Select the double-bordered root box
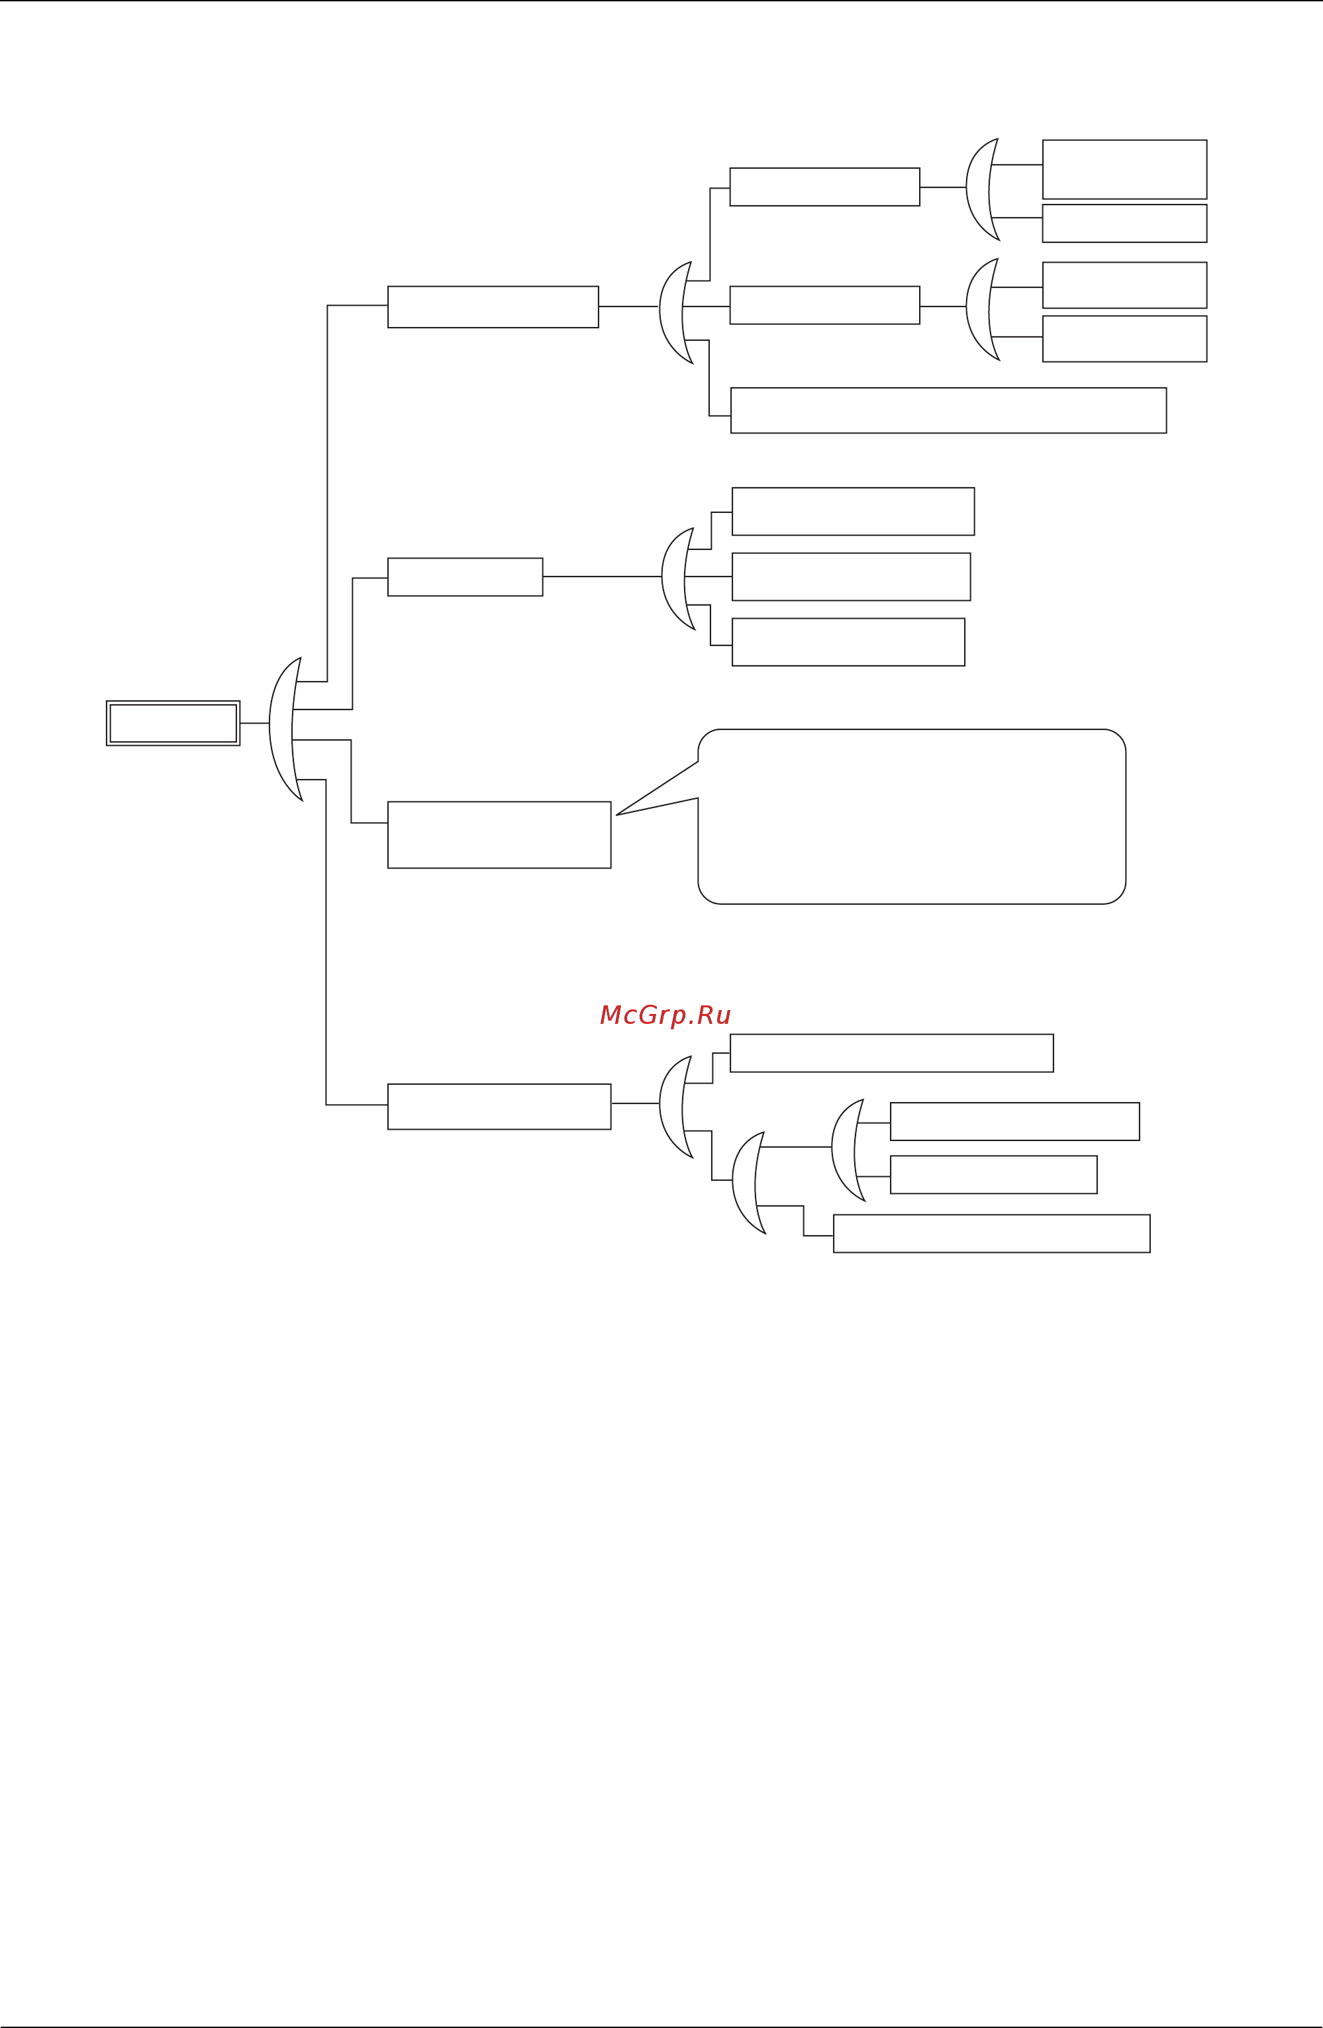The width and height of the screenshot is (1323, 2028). [173, 723]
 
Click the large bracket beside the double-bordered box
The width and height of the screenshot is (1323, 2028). [283, 729]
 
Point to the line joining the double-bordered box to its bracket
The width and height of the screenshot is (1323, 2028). [254, 723]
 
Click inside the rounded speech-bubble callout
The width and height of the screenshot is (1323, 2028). [912, 816]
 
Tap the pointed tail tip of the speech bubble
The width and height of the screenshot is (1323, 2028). [618, 815]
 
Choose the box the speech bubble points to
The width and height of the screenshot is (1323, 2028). [499, 835]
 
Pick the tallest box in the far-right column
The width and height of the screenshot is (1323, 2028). [1124, 169]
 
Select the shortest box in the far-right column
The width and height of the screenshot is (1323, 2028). [1124, 223]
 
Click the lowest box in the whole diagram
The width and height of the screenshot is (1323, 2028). [991, 1234]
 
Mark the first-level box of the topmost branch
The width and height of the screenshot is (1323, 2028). [493, 306]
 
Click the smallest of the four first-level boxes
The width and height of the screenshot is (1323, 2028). [465, 577]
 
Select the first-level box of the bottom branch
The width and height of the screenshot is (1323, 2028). [499, 1107]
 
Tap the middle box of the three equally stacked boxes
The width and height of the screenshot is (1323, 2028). [851, 577]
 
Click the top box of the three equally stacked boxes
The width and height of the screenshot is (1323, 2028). [852, 511]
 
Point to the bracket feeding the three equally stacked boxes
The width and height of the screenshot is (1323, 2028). [675, 578]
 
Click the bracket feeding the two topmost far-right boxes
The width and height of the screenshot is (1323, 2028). [979, 189]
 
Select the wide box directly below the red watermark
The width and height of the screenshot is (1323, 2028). [892, 1053]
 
